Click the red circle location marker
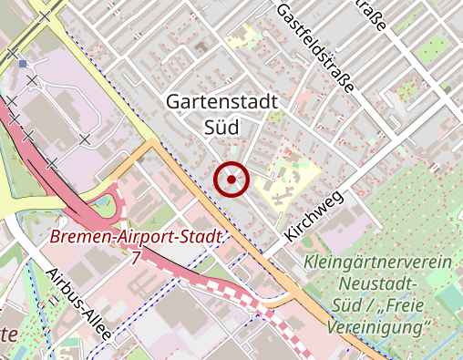(x=231, y=180)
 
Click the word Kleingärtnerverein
(x=379, y=263)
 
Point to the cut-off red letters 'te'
(x=8, y=334)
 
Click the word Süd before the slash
(x=346, y=304)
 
